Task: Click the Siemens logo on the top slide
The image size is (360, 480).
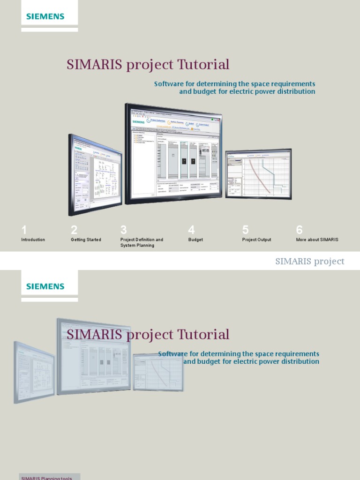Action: (x=45, y=16)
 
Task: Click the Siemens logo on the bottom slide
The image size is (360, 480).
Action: (x=45, y=286)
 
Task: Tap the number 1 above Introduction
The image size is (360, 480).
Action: (x=24, y=230)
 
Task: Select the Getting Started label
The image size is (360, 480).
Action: (x=86, y=240)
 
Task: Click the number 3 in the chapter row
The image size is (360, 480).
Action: (x=124, y=230)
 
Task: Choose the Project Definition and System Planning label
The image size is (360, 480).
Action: (x=142, y=242)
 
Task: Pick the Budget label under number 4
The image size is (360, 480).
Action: (x=195, y=240)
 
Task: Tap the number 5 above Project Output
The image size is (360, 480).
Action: (x=245, y=230)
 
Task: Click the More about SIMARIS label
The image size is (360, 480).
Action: (x=317, y=240)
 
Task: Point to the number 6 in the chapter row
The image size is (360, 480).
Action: (x=300, y=230)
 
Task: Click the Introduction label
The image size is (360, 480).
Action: (x=33, y=240)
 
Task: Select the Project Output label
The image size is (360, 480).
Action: (x=256, y=240)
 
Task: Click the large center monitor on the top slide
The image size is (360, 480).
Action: (x=173, y=153)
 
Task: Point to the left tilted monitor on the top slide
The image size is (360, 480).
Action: (x=95, y=174)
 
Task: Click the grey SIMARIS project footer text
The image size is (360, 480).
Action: (x=309, y=262)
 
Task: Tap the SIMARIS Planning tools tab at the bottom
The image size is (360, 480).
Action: (x=46, y=478)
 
